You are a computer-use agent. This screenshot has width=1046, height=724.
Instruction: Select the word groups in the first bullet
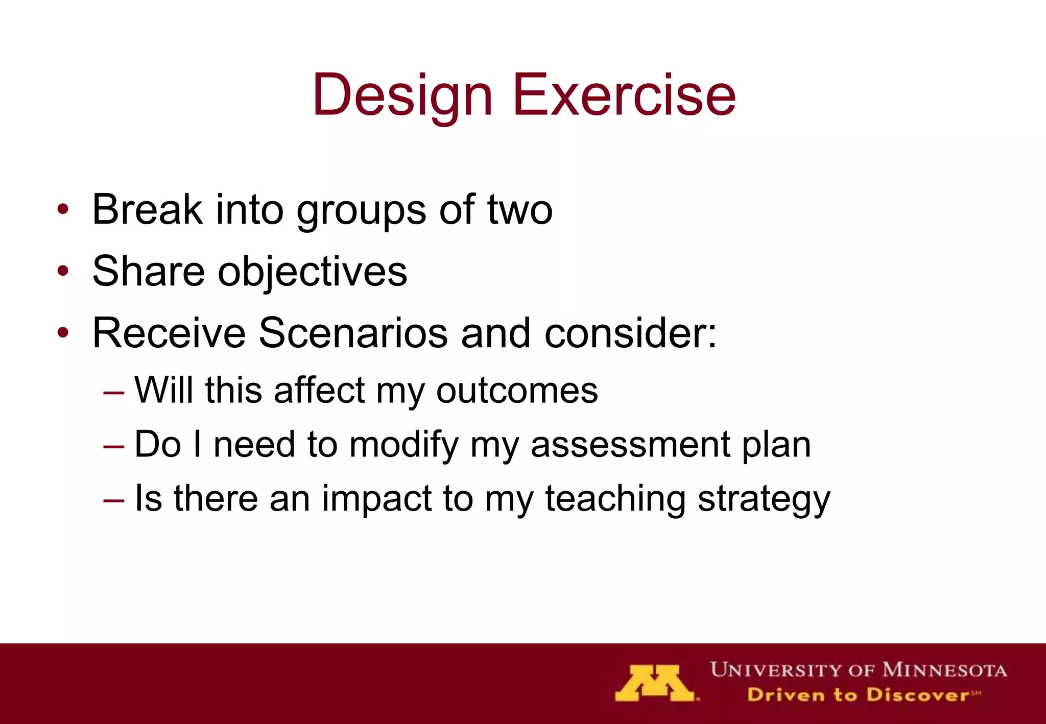click(x=361, y=210)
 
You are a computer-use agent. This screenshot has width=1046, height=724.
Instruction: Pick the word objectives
click(x=313, y=272)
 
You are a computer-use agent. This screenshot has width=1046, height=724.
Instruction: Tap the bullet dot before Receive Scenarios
click(x=63, y=333)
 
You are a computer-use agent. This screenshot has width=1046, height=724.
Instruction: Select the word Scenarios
click(x=353, y=333)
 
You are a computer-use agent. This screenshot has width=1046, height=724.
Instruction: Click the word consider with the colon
click(x=630, y=333)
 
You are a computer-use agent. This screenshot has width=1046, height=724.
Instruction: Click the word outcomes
click(x=516, y=391)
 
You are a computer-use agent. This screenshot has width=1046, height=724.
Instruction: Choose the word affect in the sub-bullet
click(x=319, y=391)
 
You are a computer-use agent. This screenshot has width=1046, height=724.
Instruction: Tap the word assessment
click(x=630, y=444)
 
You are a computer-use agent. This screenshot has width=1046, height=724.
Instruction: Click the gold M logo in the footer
click(x=655, y=683)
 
